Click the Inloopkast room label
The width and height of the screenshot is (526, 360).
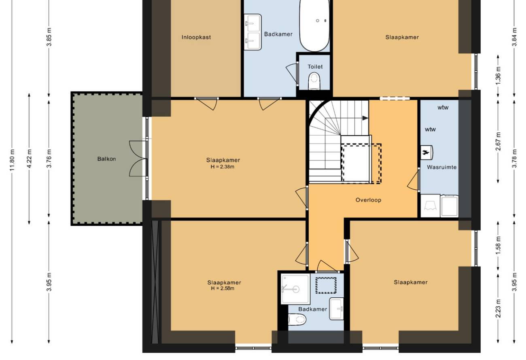point(196,37)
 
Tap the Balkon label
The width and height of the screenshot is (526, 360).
point(106,159)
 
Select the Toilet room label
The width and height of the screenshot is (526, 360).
point(315,67)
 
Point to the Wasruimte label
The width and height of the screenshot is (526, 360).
point(442,167)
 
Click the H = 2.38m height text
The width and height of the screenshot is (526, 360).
point(223,167)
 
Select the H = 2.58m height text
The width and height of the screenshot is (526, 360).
point(223,288)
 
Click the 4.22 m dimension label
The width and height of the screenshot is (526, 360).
point(29,159)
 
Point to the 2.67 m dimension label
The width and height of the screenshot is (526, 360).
point(498,141)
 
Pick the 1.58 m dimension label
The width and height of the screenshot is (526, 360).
point(498,245)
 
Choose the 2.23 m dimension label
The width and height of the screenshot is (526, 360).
point(498,309)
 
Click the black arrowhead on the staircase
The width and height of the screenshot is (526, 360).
point(365,118)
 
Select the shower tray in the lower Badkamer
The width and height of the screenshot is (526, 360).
point(296,289)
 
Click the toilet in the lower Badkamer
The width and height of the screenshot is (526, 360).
point(297,320)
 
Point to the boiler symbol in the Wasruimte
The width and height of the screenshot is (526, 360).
point(426,152)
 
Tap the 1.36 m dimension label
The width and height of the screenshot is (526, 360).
point(498,76)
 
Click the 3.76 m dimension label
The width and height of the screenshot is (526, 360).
point(49,159)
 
